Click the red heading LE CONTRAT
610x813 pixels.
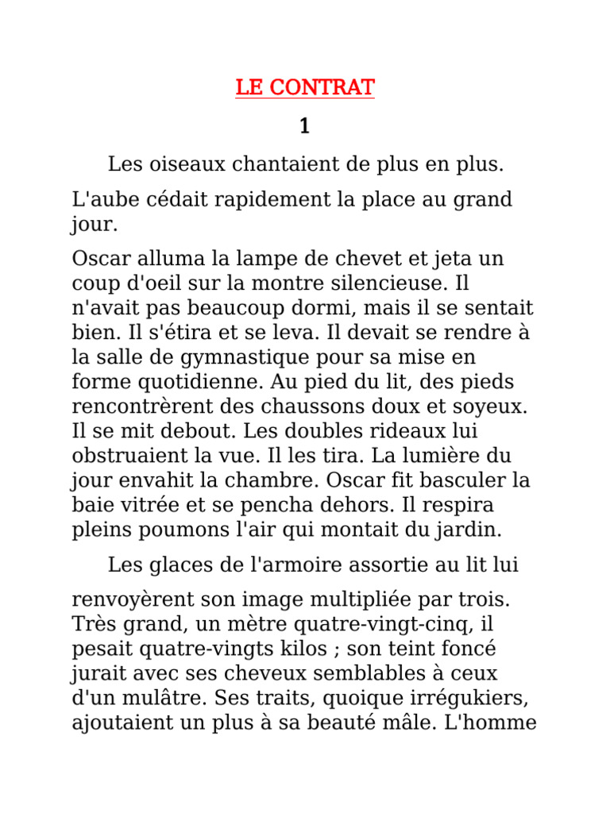(x=305, y=87)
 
